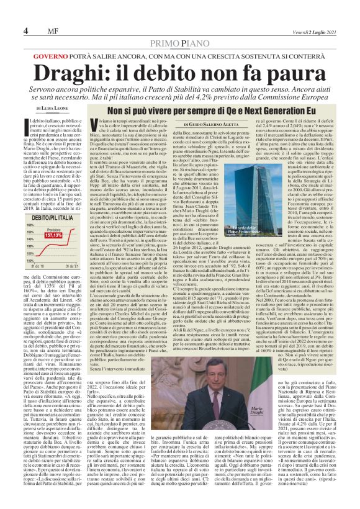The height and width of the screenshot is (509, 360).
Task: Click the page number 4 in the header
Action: [26, 32]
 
